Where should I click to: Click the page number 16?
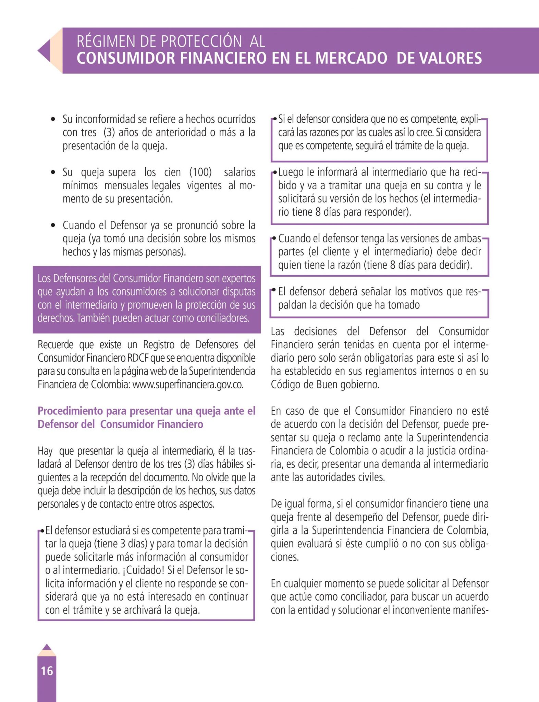pyautogui.click(x=47, y=671)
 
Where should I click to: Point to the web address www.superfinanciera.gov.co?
pyautogui.click(x=188, y=385)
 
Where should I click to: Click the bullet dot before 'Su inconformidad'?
pyautogui.click(x=53, y=120)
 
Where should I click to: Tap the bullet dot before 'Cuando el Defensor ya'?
pyautogui.click(x=53, y=226)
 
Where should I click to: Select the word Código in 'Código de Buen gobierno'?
pyautogui.click(x=283, y=385)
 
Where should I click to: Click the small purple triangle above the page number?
pyautogui.click(x=47, y=647)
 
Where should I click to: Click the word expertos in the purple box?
pyautogui.click(x=239, y=278)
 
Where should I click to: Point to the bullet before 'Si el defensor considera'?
pyautogui.click(x=275, y=119)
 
